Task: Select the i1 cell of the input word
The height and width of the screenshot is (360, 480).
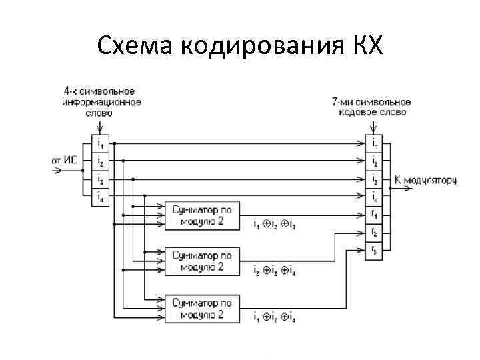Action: point(100,143)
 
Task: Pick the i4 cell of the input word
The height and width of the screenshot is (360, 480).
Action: point(100,196)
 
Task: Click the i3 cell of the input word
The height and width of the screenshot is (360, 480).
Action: point(100,179)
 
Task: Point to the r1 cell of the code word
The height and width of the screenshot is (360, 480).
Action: point(374,215)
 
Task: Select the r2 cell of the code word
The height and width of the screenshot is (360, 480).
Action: point(374,232)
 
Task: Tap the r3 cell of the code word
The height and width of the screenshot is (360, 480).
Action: point(374,250)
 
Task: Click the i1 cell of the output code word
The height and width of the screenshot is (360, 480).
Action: point(374,143)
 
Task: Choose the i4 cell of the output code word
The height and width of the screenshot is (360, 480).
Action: point(374,197)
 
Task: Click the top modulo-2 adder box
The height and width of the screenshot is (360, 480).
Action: point(201,215)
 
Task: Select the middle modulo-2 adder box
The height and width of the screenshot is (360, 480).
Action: point(201,261)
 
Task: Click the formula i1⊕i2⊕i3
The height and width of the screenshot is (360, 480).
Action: point(275,225)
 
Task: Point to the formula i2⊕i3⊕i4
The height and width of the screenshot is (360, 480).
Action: point(275,271)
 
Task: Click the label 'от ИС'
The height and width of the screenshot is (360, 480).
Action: point(65,160)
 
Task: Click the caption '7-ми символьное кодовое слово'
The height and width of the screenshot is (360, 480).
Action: point(371,107)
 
